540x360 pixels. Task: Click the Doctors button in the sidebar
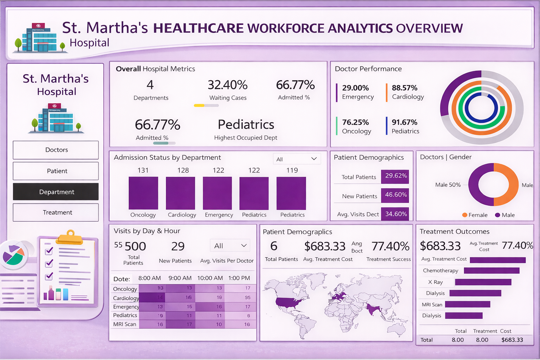pyautogui.click(x=56, y=150)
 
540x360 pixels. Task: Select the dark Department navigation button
pyautogui.click(x=56, y=192)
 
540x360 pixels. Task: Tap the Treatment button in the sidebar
pyautogui.click(x=56, y=213)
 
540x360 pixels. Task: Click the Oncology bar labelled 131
pyautogui.click(x=143, y=193)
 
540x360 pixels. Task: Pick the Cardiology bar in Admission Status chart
pyautogui.click(x=180, y=193)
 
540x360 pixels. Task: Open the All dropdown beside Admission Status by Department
pyautogui.click(x=297, y=159)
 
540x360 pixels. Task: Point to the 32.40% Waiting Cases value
pyautogui.click(x=227, y=85)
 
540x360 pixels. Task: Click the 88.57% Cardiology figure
pyautogui.click(x=405, y=88)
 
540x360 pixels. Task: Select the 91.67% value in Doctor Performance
pyautogui.click(x=405, y=122)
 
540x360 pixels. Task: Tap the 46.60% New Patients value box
pyautogui.click(x=396, y=195)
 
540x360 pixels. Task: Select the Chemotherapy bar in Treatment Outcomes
pyautogui.click(x=491, y=271)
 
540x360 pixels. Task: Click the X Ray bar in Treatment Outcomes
pyautogui.click(x=483, y=282)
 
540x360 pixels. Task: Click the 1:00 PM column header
pyautogui.click(x=239, y=278)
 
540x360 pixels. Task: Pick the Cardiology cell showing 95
pyautogui.click(x=247, y=297)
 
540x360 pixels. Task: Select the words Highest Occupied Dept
pyautogui.click(x=245, y=138)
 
